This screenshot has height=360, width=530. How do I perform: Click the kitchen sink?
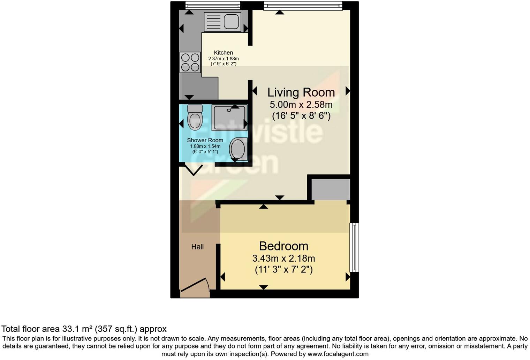click(222, 22)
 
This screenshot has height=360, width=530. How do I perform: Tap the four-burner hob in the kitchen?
click(190, 62)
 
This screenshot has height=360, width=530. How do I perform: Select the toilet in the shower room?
click(195, 118)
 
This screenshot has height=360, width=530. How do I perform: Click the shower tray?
click(229, 118)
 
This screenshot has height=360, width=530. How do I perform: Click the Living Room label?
click(301, 92)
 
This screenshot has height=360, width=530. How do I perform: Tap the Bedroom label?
click(283, 246)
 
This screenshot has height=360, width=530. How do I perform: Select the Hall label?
click(197, 247)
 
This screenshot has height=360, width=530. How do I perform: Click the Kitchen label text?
click(223, 53)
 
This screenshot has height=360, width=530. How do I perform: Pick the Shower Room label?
click(205, 140)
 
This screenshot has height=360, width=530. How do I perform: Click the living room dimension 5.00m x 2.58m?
click(301, 105)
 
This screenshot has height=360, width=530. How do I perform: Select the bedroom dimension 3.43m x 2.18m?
click(283, 258)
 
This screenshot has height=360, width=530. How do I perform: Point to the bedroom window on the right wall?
click(354, 247)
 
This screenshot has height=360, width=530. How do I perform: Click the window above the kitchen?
click(213, 5)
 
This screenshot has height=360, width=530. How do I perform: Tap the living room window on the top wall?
click(303, 6)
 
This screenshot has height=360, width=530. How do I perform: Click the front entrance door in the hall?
click(195, 285)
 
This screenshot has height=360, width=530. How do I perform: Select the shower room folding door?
click(194, 170)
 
